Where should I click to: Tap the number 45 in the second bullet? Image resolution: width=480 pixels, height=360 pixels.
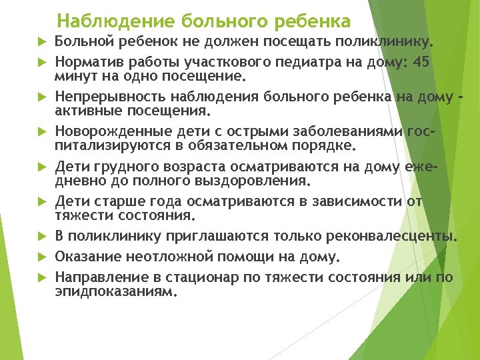coord(421,61)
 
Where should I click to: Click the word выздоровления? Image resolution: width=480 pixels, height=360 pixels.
coord(253,180)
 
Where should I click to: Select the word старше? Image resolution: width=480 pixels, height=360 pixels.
coord(119,201)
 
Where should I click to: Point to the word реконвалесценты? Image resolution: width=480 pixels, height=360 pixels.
coord(391,236)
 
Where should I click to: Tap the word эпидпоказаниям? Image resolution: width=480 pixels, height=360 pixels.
coord(116,291)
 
